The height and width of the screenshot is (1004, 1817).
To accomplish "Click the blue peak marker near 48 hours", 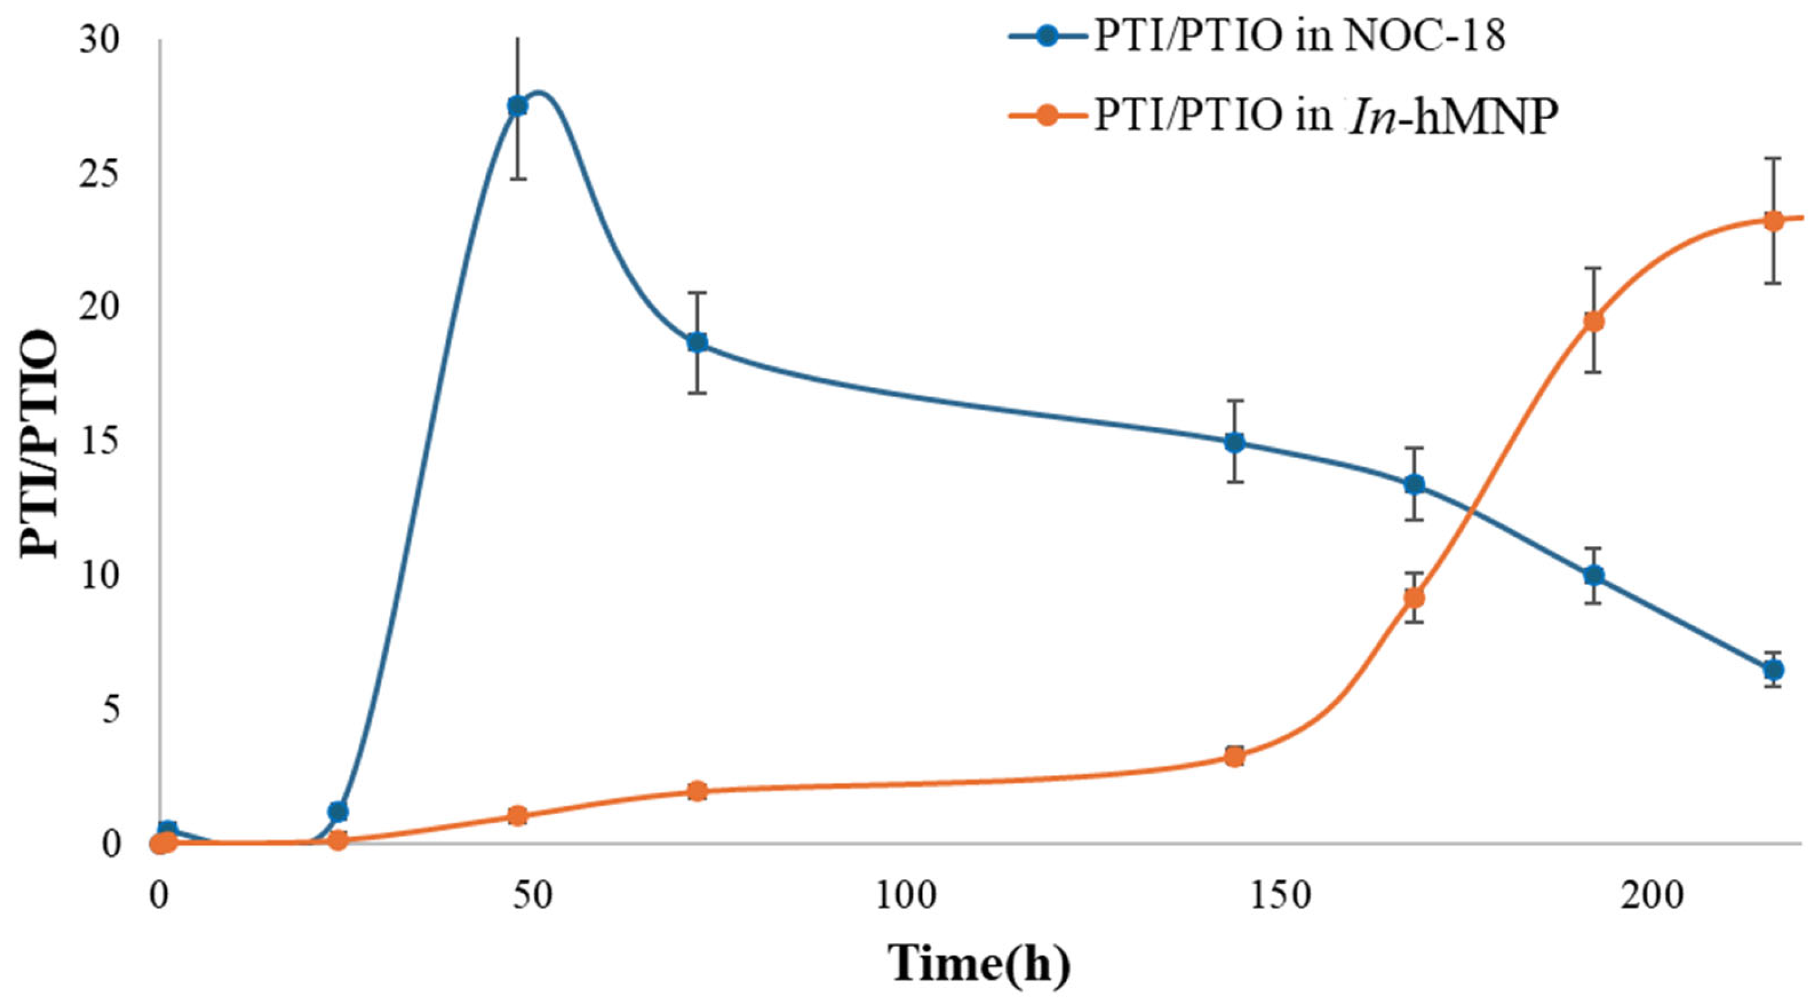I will [x=518, y=106].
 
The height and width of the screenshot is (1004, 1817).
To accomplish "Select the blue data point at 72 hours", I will [x=697, y=343].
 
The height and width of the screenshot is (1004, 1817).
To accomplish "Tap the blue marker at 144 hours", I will [x=1234, y=442].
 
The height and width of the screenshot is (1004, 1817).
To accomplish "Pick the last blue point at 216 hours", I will [x=1773, y=669].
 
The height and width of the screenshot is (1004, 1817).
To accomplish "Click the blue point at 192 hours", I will [x=1593, y=575].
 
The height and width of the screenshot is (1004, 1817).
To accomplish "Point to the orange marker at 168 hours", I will [x=1413, y=598].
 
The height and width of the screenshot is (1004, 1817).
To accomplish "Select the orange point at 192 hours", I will [x=1593, y=321].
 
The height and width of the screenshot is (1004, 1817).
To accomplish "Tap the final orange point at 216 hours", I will [x=1773, y=220].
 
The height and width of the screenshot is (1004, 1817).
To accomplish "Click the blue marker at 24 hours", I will [x=338, y=811].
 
